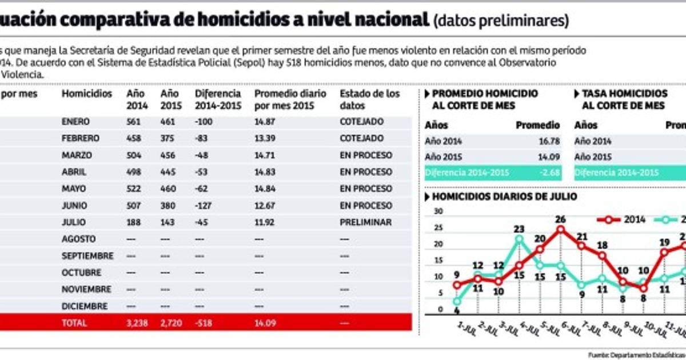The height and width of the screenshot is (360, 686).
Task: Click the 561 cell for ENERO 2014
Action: coord(134,122)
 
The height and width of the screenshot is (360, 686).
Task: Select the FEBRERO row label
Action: coord(81,138)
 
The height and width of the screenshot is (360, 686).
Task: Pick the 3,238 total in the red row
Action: coord(137,323)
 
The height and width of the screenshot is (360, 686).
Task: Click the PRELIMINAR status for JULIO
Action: coord(366,222)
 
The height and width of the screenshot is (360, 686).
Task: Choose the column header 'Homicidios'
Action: coord(87,94)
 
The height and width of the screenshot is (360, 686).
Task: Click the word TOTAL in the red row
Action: coord(74,323)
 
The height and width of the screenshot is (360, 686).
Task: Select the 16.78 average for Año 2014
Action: coord(548,141)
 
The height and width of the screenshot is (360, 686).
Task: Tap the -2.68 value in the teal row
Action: coord(549,173)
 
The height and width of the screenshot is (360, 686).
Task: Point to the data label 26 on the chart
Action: coord(560,219)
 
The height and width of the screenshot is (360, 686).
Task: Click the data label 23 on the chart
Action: coord(519,229)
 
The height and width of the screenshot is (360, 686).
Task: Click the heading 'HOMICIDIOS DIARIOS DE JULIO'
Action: coord(504,197)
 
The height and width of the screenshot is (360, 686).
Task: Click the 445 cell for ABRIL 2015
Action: coord(169,172)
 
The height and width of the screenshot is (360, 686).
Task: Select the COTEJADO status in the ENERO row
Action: coord(361,122)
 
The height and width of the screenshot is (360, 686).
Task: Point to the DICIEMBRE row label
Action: coord(85,306)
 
